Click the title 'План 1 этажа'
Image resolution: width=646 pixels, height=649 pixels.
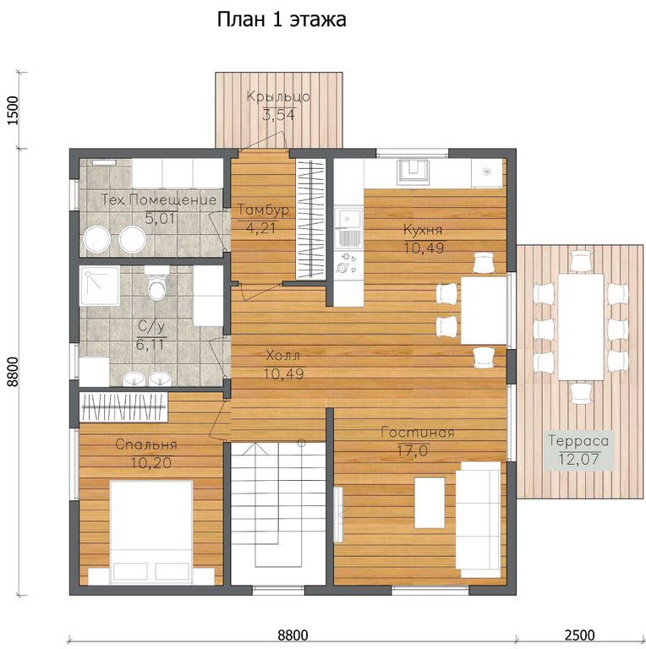click(282, 19)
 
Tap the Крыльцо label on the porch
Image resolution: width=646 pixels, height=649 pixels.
click(278, 97)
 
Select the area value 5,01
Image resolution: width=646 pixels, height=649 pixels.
click(160, 218)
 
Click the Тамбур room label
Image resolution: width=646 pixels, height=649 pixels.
click(263, 210)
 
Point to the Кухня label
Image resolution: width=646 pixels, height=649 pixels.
click(423, 230)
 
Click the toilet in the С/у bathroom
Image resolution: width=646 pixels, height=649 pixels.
click(156, 283)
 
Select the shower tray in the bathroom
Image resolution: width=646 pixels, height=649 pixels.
click(100, 286)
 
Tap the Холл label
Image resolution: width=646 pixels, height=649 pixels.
click(282, 356)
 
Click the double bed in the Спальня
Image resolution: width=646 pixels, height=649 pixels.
click(151, 532)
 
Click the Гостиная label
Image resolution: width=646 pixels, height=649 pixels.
click(418, 433)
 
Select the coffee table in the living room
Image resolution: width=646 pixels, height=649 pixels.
click(430, 503)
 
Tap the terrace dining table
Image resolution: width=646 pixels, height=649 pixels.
click(581, 327)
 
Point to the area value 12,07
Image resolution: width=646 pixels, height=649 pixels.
click(578, 460)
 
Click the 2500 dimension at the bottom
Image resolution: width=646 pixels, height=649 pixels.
click(579, 635)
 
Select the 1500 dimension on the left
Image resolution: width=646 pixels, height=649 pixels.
click(14, 111)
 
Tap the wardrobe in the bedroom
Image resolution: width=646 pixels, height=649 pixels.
click(123, 406)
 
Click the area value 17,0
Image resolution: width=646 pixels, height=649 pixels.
click(413, 450)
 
